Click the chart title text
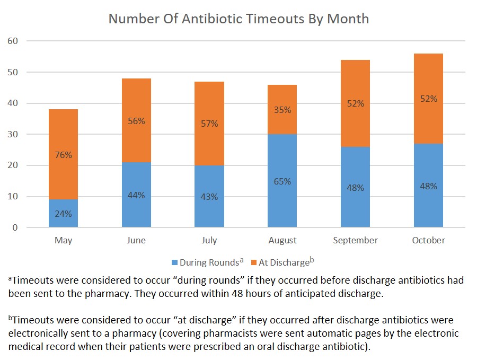238,19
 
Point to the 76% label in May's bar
63,155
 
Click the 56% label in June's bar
136,121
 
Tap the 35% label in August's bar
282,110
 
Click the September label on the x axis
355,240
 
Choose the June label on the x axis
136,240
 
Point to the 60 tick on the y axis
12,41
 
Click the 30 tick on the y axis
12,134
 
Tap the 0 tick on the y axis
15,228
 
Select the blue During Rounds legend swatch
174,262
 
